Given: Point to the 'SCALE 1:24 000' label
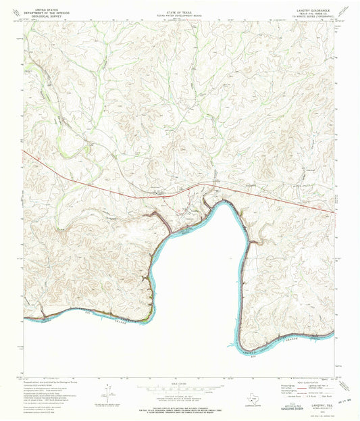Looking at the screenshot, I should click(x=179, y=382).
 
